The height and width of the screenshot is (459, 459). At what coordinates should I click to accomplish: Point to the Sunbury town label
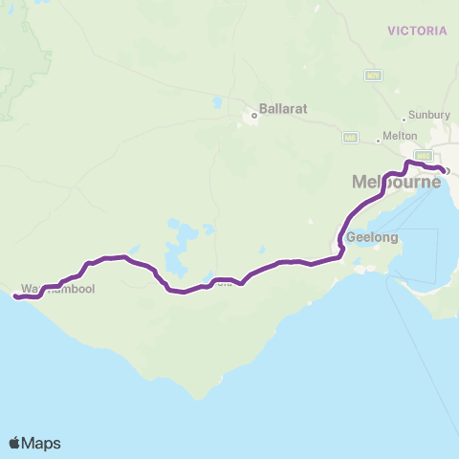tap(428, 115)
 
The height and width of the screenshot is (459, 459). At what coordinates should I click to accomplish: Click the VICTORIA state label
tap(418, 31)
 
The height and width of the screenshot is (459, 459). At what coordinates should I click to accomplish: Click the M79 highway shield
tap(373, 75)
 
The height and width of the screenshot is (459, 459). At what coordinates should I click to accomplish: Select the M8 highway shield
tap(351, 138)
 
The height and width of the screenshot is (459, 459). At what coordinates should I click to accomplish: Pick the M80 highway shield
tap(422, 155)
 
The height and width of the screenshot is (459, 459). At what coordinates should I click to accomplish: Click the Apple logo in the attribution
tap(15, 443)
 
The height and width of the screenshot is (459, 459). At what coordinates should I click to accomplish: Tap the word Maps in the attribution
tap(42, 443)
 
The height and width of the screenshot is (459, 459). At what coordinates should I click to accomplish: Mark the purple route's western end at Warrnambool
tap(15, 296)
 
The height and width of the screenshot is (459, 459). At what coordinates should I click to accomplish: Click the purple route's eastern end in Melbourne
tap(445, 171)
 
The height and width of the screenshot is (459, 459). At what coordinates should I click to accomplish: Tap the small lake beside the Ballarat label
tap(219, 101)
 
